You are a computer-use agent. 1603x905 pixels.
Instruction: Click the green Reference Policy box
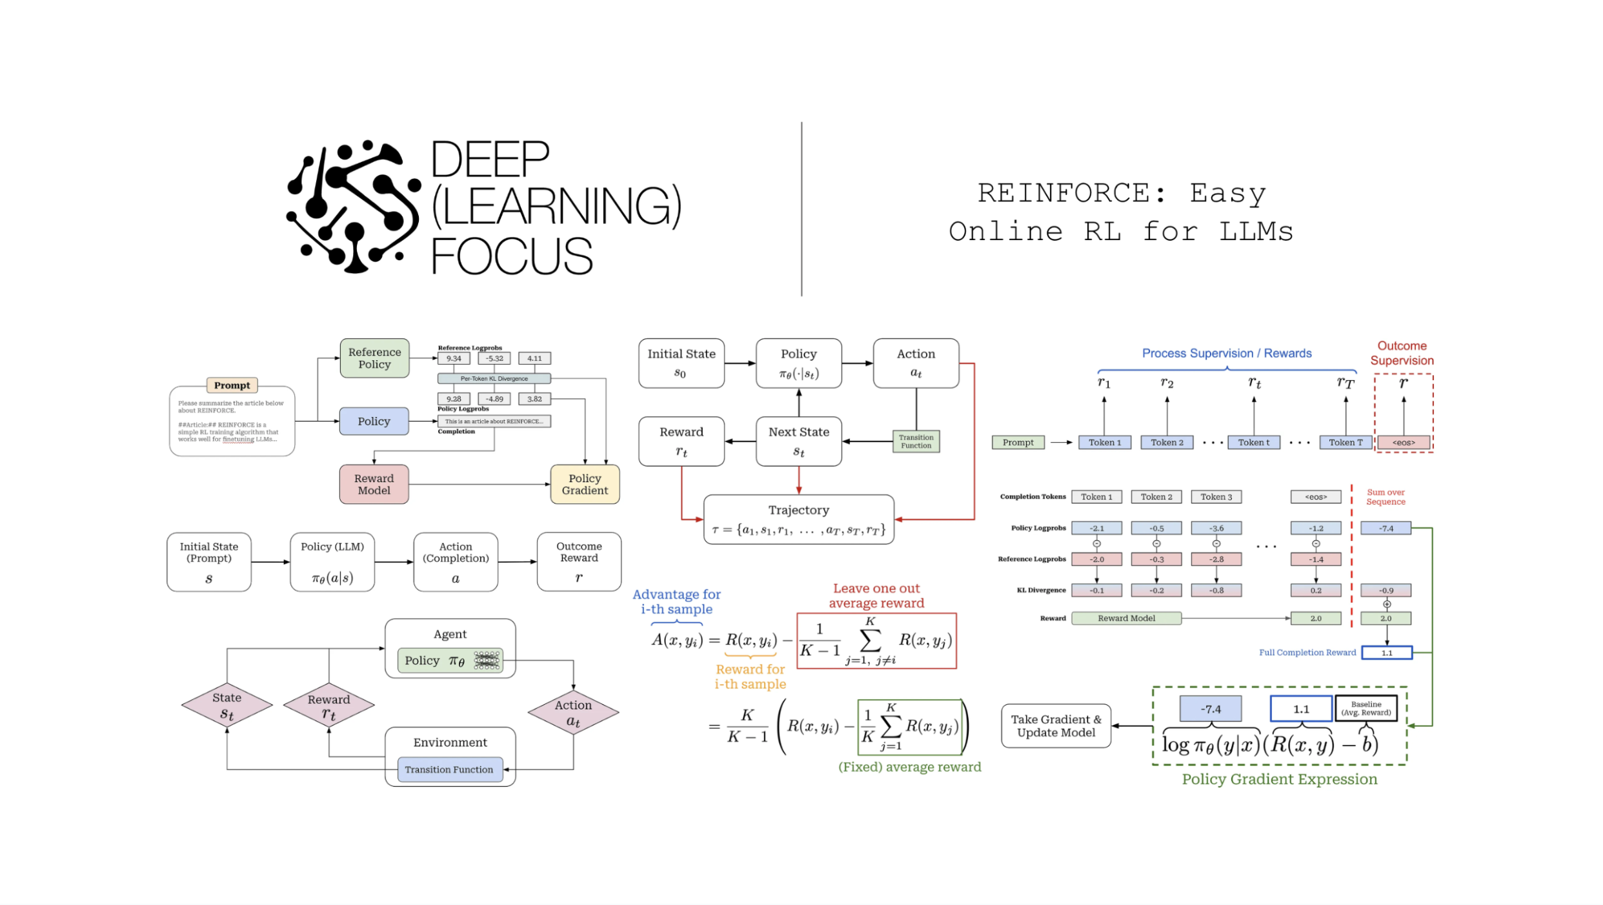click(374, 358)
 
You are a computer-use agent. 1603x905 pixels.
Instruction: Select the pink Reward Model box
click(374, 484)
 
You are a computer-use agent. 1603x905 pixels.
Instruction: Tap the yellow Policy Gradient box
click(585, 484)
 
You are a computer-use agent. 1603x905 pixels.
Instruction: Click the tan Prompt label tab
click(232, 385)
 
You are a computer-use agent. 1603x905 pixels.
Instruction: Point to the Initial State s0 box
click(681, 363)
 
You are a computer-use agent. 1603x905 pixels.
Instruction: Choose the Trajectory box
click(798, 520)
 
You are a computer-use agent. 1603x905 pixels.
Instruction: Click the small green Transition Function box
click(916, 442)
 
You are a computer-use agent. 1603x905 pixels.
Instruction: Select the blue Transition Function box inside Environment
click(449, 769)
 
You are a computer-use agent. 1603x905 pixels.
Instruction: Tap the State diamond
click(227, 706)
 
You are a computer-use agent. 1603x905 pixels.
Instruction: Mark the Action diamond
click(573, 712)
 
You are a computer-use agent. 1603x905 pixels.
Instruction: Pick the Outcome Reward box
click(579, 562)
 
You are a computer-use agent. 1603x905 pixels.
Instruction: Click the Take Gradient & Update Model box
click(1056, 726)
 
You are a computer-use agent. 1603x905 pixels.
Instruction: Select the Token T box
click(1346, 443)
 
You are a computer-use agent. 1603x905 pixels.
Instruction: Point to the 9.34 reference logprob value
click(454, 359)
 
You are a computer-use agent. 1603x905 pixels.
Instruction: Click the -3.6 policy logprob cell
click(1216, 528)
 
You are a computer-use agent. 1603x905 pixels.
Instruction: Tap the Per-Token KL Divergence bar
click(494, 379)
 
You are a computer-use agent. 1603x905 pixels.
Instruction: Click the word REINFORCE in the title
click(1072, 193)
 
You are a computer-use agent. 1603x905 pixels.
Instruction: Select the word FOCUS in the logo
click(511, 256)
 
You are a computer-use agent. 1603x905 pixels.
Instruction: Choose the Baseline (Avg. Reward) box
click(1366, 709)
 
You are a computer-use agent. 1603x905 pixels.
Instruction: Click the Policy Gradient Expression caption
click(1279, 779)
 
